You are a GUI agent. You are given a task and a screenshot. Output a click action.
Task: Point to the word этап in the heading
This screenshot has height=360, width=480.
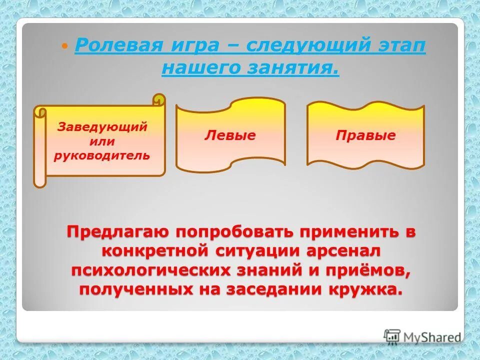coord(399,46)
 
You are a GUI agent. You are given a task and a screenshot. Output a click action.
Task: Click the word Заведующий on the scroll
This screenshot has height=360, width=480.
coord(102,126)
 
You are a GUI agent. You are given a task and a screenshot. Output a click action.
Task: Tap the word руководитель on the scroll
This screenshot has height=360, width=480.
coord(102,155)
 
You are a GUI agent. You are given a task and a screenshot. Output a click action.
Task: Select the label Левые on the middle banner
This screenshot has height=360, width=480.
coord(230,135)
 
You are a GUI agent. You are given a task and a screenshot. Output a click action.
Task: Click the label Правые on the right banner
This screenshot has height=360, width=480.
coord(365,135)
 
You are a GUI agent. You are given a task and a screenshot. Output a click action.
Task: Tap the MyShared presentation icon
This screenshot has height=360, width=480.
coord(392,337)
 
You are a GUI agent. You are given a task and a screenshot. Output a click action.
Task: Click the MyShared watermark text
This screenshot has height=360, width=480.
coord(432,337)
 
